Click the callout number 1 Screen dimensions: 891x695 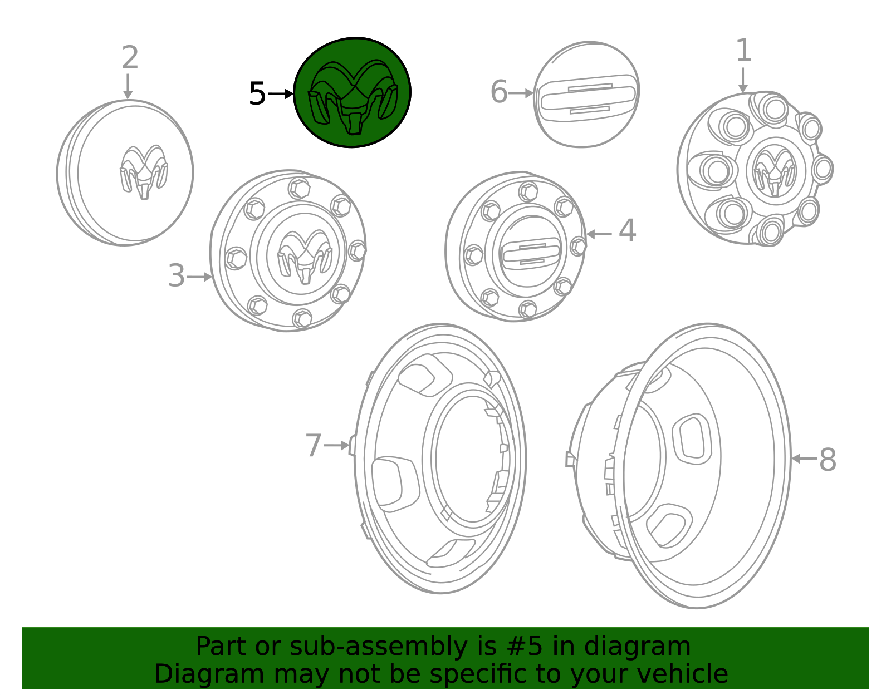743,51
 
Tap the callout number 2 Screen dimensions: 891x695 130,57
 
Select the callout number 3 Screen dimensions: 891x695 177,275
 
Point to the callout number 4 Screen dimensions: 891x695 627,230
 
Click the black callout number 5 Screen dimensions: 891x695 257,94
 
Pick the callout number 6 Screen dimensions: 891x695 499,92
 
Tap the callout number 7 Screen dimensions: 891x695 314,446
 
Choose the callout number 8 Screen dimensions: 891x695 828,460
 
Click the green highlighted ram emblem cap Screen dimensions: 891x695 352,92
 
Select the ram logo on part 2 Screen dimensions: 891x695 144,172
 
